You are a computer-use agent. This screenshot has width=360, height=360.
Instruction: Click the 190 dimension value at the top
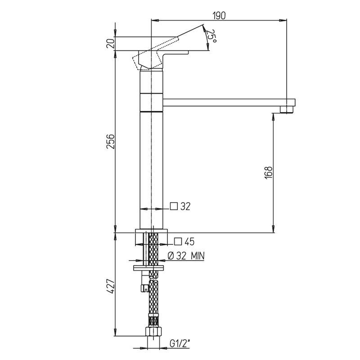tap(219, 15)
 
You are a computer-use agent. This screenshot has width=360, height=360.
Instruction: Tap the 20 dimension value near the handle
tap(110, 43)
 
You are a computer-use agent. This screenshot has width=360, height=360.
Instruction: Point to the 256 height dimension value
tap(110, 141)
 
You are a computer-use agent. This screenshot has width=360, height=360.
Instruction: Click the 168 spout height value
tap(268, 172)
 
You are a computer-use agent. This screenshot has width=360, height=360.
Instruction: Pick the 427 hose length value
tap(110, 286)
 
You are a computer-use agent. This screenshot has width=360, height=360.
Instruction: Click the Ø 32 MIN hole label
tap(186, 256)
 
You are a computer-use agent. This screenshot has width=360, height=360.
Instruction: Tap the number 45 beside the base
tap(189, 242)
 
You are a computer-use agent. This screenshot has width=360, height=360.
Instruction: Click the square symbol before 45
tap(178, 242)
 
